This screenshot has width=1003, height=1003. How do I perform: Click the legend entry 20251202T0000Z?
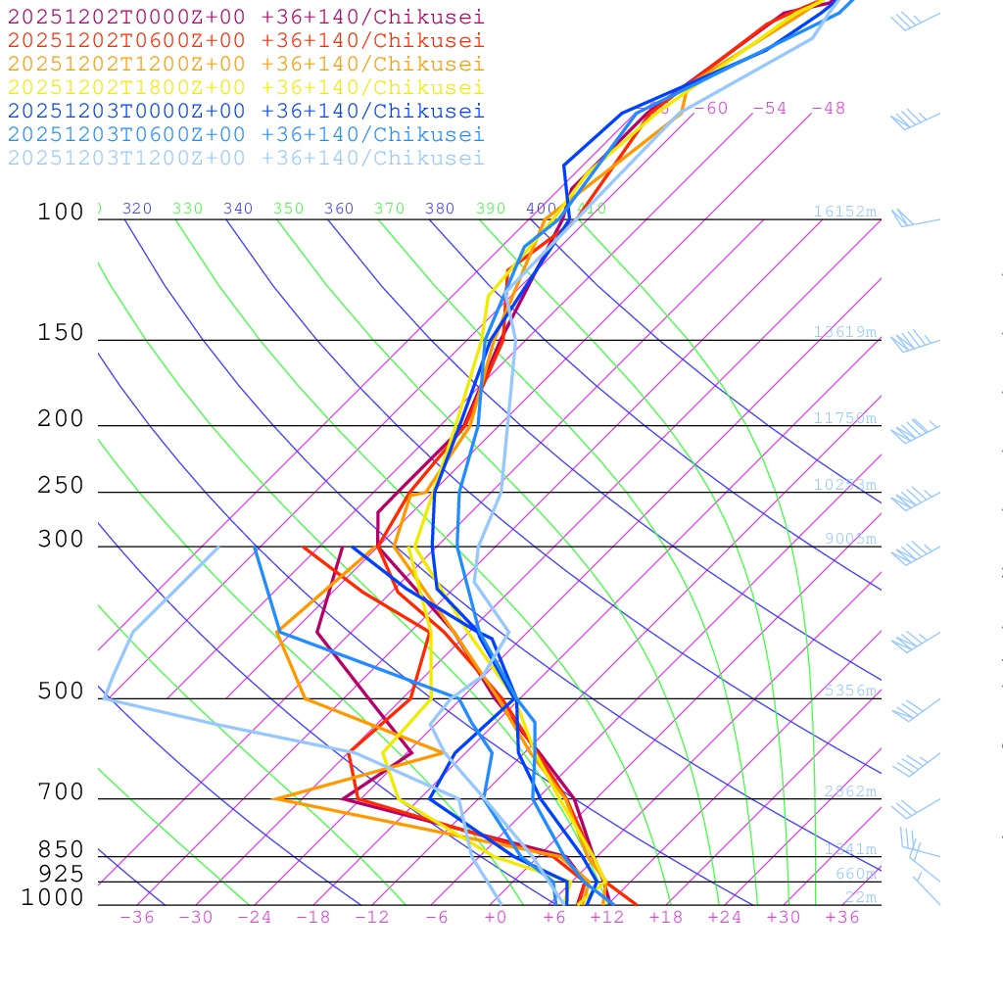[x=246, y=18]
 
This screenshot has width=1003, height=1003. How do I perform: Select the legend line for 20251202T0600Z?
[x=246, y=41]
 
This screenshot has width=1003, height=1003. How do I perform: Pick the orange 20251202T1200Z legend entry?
[x=246, y=65]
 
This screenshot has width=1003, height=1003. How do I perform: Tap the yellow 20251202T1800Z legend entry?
[x=246, y=88]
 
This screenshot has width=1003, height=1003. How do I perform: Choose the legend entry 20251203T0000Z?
[x=246, y=112]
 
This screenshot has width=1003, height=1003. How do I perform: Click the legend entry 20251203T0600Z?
[x=246, y=135]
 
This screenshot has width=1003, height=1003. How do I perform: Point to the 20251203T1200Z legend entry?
[x=246, y=159]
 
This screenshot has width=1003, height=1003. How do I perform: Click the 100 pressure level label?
[x=61, y=213]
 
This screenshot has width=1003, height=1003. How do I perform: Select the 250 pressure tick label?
[x=61, y=486]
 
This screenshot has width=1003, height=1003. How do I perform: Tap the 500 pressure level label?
[x=61, y=692]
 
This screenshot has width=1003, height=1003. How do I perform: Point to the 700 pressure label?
[x=61, y=792]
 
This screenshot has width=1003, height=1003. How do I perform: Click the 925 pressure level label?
[x=61, y=874]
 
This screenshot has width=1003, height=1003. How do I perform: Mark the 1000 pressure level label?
[x=53, y=897]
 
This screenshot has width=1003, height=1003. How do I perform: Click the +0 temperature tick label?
[x=496, y=918]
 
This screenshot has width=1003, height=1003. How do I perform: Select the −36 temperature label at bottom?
[x=136, y=918]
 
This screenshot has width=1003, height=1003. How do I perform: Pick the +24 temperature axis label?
[x=725, y=918]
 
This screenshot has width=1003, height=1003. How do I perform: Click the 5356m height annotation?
[x=850, y=691]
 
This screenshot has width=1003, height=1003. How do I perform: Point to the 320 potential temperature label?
[x=137, y=209]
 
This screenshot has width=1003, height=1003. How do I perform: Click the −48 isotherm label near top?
[x=828, y=109]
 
